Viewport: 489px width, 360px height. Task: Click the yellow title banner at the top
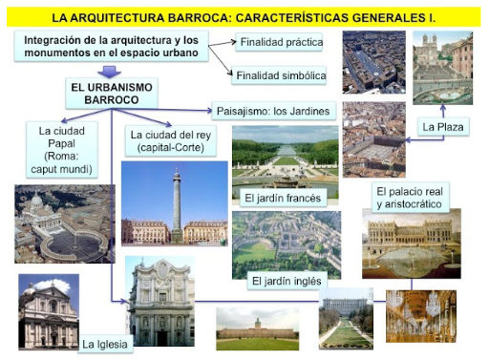244,17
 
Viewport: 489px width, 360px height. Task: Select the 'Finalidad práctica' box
279,42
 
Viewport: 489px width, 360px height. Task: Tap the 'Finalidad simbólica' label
279,75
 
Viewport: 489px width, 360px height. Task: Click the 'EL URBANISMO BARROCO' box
112,94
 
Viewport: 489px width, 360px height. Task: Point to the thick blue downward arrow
109,72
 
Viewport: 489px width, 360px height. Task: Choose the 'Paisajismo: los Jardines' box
274,111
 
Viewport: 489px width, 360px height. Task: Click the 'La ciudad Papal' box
62,150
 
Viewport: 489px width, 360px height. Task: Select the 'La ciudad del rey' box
171,141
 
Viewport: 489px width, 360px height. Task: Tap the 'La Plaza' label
443,127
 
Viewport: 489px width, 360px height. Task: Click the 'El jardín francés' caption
283,198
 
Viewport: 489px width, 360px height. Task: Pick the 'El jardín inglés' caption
287,281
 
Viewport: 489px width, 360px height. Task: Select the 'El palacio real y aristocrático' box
410,198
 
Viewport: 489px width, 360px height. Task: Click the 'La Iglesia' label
105,344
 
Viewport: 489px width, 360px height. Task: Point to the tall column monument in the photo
177,206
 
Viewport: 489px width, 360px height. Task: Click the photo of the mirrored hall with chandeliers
421,316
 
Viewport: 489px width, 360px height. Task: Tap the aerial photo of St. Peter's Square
65,224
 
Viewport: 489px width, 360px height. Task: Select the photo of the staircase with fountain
442,68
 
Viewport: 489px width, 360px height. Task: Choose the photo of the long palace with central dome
258,328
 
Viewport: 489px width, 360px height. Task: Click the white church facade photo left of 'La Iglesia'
49,312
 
